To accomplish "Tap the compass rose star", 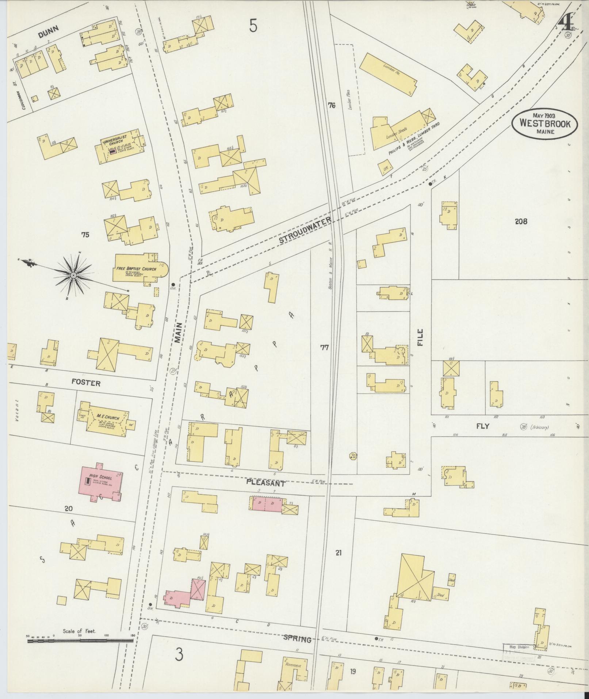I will click(x=73, y=274).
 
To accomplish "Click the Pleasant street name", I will click(x=265, y=483).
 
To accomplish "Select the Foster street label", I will click(x=86, y=383).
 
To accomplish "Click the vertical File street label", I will click(x=420, y=337).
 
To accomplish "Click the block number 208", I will click(x=521, y=221).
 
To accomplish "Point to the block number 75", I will click(x=85, y=235).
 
